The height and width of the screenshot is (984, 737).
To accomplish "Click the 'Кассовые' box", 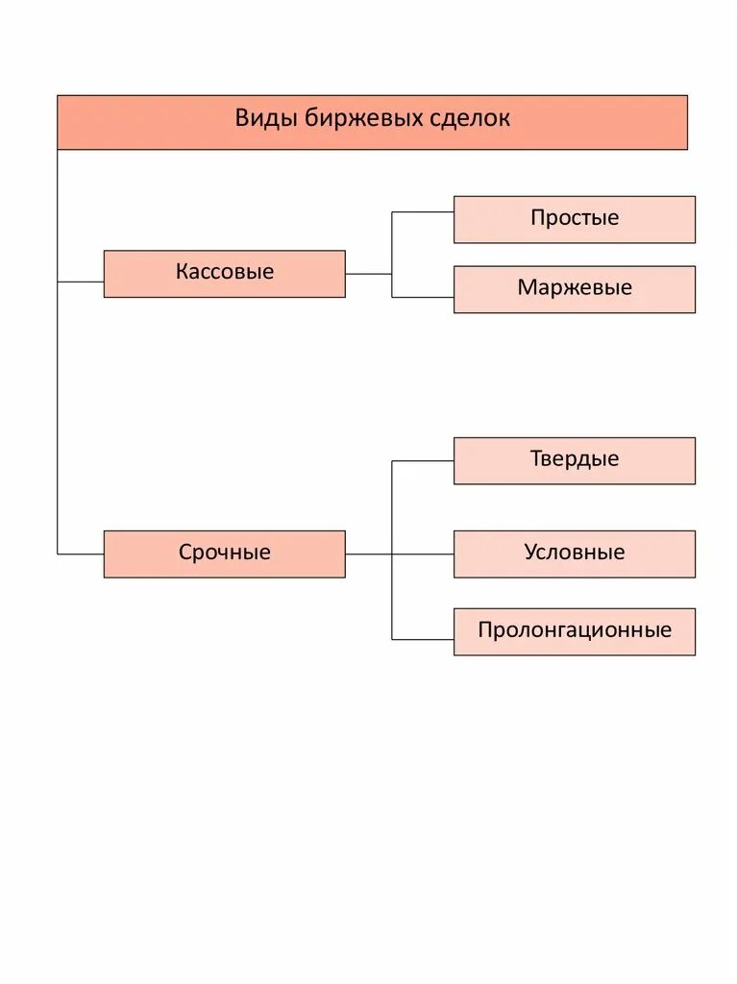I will coord(224,273).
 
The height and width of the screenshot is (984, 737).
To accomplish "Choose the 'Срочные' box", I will coord(224,553).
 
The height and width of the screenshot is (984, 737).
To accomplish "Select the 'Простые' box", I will coord(574,219).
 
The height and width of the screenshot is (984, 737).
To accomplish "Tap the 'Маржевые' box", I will coord(574,288).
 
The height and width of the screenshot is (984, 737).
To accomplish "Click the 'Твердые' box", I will coord(574,460).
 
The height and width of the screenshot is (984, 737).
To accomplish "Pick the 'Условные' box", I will coord(574,553).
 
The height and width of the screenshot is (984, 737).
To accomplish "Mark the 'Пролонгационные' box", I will coord(574,631).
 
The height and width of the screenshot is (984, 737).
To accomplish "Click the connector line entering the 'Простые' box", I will coord(423,211).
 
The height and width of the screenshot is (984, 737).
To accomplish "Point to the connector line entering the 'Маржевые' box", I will coord(423,297).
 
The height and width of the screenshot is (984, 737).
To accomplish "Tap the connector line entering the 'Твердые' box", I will coord(423,460).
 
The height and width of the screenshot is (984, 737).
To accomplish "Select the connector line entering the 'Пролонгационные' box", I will coord(423,639).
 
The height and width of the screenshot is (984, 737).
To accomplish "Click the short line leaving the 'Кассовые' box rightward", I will coord(368,274).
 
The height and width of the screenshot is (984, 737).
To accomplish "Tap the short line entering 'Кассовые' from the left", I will coord(81,282).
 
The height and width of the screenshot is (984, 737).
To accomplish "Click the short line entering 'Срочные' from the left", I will coord(81,553).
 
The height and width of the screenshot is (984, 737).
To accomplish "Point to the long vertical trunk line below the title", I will coord(58,413).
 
